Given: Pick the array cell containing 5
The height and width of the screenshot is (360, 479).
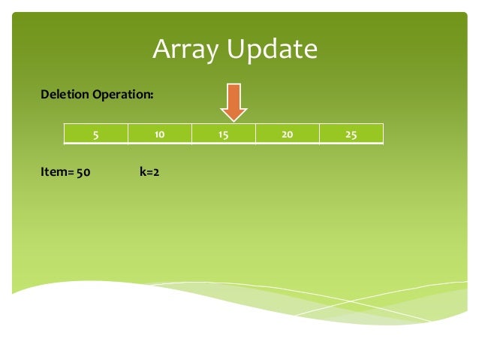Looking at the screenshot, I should point(95,135).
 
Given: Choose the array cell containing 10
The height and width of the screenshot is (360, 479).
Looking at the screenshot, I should point(160,135).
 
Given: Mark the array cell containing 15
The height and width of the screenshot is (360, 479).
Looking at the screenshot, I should point(224,135).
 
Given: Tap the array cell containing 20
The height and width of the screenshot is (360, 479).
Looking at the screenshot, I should point(288,135).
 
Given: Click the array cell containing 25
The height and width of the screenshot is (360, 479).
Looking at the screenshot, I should point(351,135).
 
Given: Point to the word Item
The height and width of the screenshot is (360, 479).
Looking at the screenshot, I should point(53,172).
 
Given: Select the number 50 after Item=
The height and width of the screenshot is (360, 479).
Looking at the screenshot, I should point(83,172).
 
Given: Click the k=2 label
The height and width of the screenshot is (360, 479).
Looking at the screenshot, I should point(149,172).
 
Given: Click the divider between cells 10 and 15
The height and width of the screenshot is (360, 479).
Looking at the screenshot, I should point(192,135).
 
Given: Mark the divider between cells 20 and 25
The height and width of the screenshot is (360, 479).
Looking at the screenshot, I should point(320,135).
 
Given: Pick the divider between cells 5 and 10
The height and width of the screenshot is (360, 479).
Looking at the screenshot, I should point(128,135).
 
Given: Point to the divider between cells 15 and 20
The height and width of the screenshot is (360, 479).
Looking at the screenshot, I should point(256,135).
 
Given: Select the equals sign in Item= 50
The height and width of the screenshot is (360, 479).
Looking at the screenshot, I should point(69,173).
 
